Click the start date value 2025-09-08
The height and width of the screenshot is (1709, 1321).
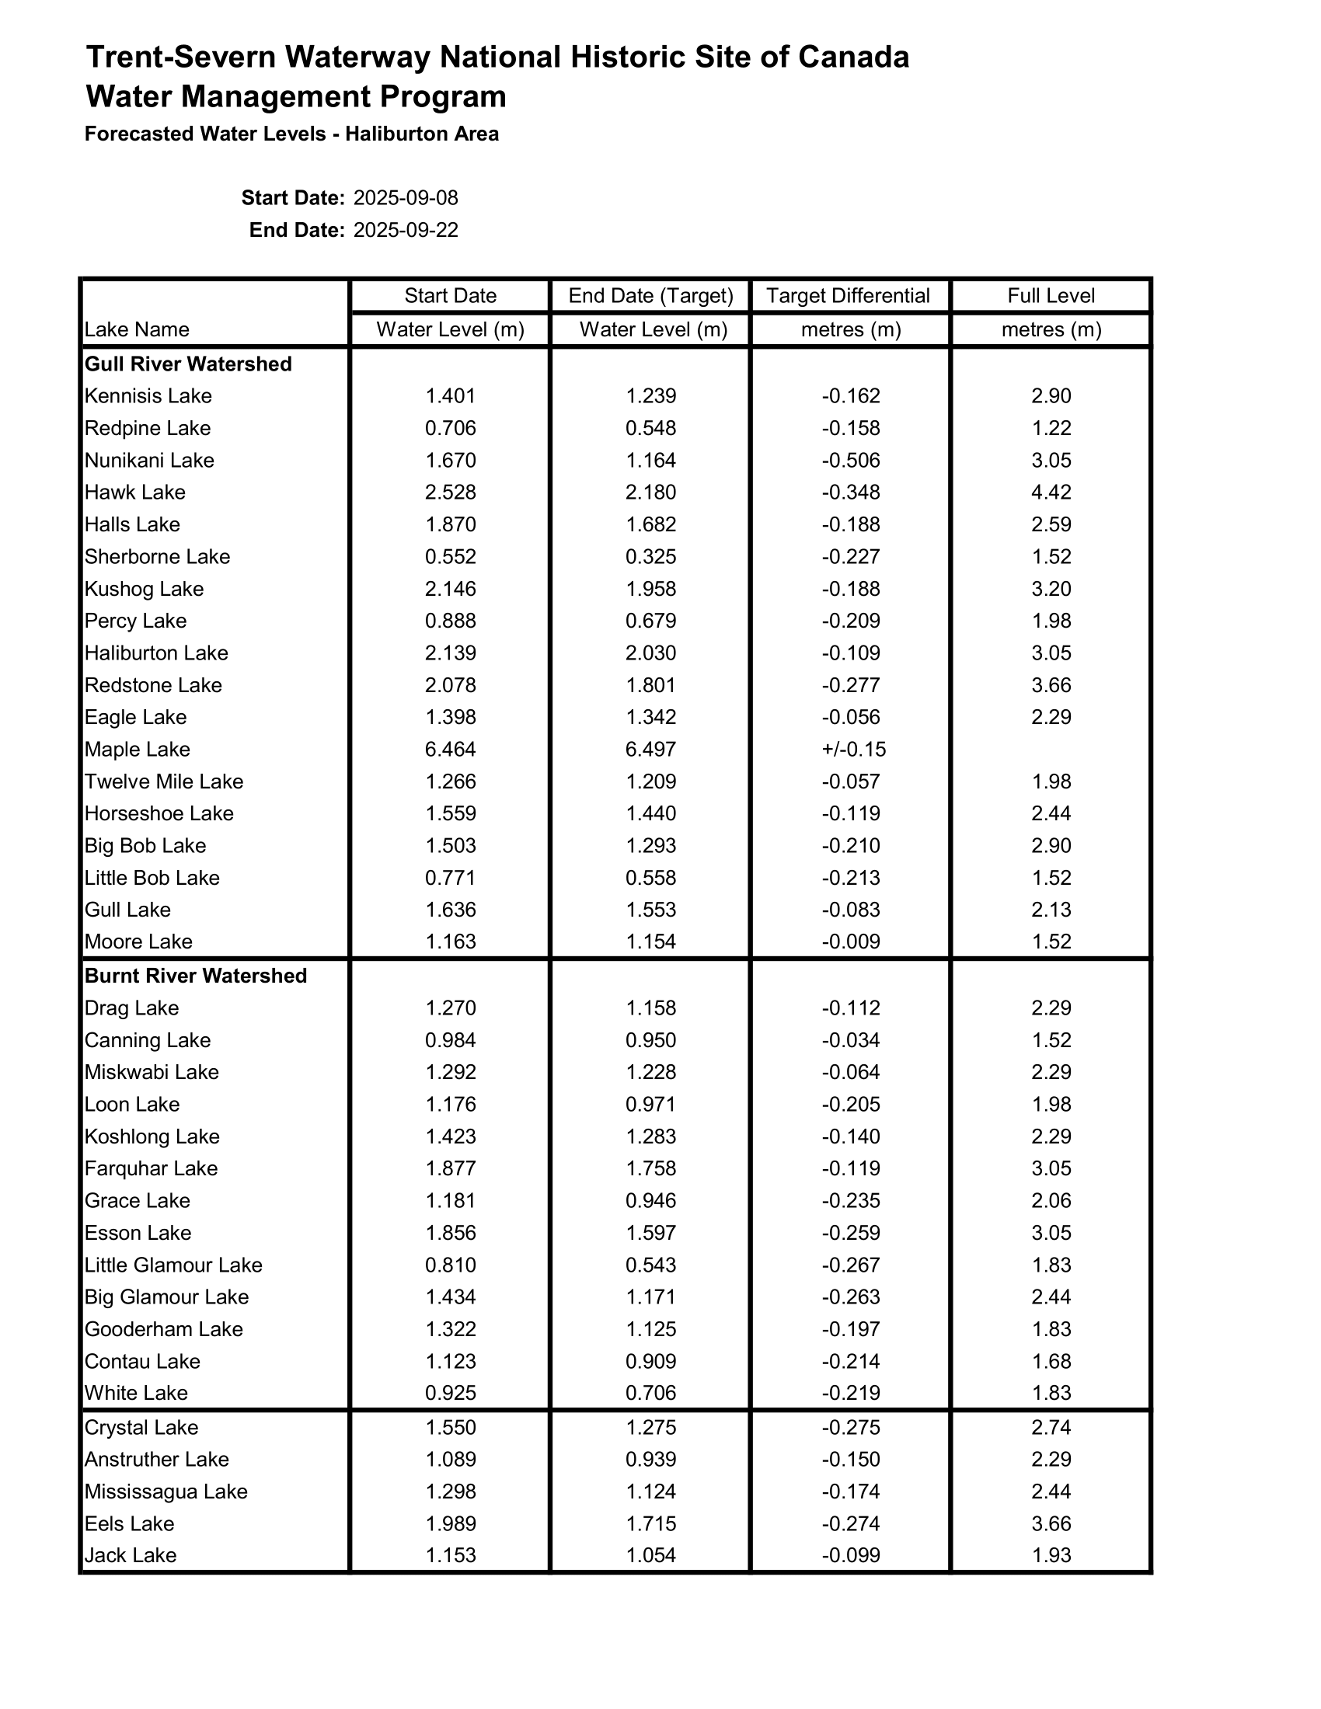pyautogui.click(x=406, y=197)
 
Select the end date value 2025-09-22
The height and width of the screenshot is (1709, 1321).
pyautogui.click(x=406, y=230)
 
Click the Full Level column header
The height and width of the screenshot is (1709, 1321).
pyautogui.click(x=1051, y=296)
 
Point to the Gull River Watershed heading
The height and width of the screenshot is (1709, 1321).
pyautogui.click(x=188, y=364)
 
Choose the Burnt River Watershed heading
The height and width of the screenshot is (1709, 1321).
pyautogui.click(x=196, y=976)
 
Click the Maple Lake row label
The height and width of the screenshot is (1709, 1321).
pyautogui.click(x=137, y=750)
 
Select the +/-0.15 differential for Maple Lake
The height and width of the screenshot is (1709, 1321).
pyautogui.click(x=853, y=750)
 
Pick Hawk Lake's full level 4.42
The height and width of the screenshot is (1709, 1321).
pyautogui.click(x=1051, y=493)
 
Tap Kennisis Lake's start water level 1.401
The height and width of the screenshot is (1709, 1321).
pyautogui.click(x=450, y=396)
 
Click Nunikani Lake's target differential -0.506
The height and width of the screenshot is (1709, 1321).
pyautogui.click(x=850, y=460)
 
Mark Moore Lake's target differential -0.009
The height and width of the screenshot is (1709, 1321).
pyautogui.click(x=850, y=942)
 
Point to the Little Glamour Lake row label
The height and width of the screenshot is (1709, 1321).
pyautogui.click(x=173, y=1265)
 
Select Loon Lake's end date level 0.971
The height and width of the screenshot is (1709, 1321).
pyautogui.click(x=650, y=1104)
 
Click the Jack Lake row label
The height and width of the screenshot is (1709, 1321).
pyautogui.click(x=130, y=1555)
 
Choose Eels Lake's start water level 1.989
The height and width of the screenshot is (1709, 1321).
pyautogui.click(x=450, y=1523)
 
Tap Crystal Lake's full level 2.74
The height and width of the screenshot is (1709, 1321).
pyautogui.click(x=1051, y=1427)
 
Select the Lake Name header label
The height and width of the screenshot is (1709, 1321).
pyautogui.click(x=136, y=329)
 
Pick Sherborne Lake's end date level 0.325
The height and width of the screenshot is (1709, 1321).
pyautogui.click(x=650, y=556)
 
